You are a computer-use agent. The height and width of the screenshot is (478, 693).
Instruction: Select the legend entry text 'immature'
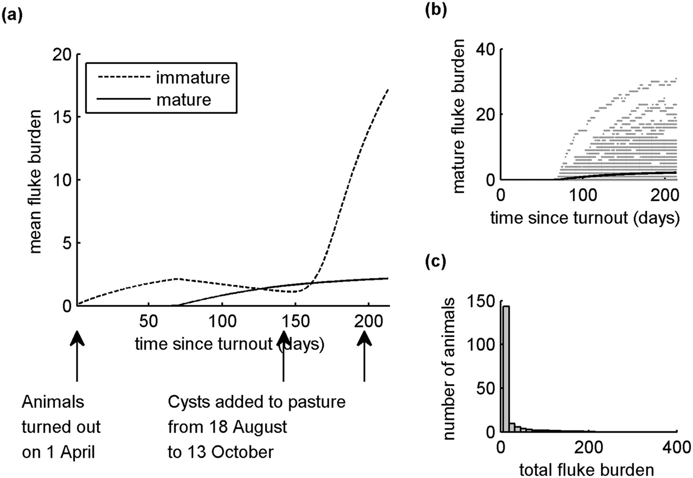(x=193, y=78)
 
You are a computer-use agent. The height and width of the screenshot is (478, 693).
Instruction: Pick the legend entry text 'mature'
(x=183, y=100)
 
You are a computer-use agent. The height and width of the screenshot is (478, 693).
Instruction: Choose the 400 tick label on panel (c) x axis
(x=676, y=448)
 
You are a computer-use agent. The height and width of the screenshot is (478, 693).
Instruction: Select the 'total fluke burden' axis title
(x=586, y=470)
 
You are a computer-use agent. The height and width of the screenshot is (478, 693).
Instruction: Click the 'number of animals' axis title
(x=449, y=368)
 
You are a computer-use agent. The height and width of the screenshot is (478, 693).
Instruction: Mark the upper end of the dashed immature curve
(x=388, y=89)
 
